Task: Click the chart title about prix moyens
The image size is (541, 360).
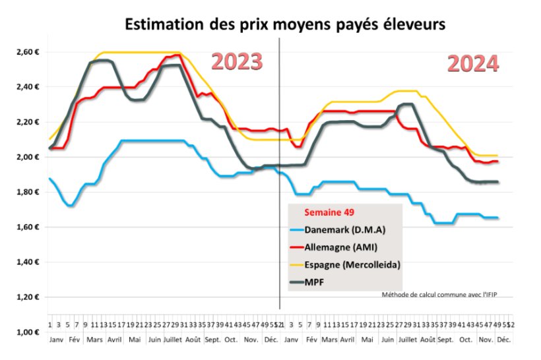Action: coord(286,24)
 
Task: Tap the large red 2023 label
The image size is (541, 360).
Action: coord(237,61)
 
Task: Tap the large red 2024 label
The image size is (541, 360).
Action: coord(472,64)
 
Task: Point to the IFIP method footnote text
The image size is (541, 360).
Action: coord(439,294)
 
